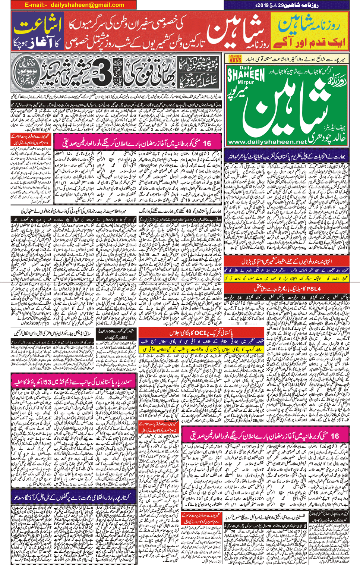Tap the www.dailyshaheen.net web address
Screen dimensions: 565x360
(267, 142)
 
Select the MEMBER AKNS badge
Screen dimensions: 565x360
(235, 59)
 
